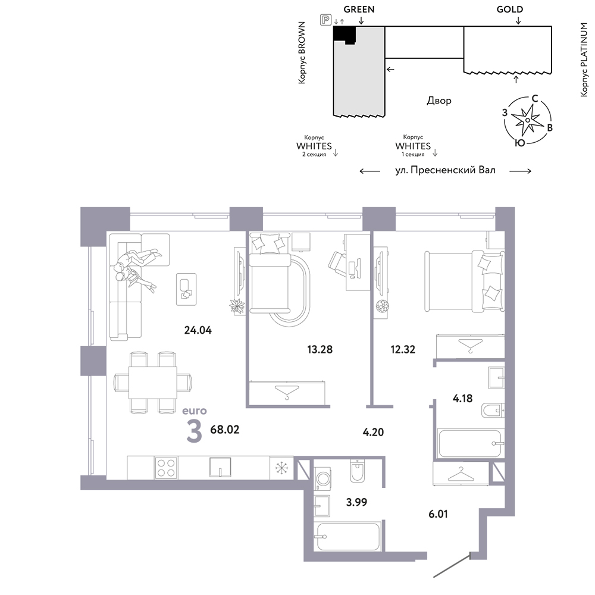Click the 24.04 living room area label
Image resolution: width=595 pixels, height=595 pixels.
[198, 330]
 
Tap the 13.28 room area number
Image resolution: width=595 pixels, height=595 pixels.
[320, 349]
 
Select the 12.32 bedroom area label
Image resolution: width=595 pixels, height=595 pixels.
[403, 349]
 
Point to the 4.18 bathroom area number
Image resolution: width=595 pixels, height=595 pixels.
[462, 399]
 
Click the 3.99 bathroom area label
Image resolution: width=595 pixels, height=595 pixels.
[356, 502]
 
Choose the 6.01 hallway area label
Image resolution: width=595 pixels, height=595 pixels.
[439, 514]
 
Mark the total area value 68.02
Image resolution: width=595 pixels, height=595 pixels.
[225, 430]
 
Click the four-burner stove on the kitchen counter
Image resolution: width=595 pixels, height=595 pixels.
[166, 468]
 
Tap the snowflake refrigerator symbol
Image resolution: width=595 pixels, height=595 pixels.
[281, 468]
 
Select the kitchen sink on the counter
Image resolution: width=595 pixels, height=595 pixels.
[221, 467]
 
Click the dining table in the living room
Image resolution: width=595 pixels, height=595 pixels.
[152, 383]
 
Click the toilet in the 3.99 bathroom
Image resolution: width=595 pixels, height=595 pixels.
[358, 471]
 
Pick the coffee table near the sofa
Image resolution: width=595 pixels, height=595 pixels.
[186, 289]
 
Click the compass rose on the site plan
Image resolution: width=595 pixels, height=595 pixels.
[527, 121]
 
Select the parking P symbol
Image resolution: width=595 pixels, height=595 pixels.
[325, 20]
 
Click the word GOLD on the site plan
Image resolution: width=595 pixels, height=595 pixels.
[510, 10]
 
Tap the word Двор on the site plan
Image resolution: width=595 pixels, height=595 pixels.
[439, 101]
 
